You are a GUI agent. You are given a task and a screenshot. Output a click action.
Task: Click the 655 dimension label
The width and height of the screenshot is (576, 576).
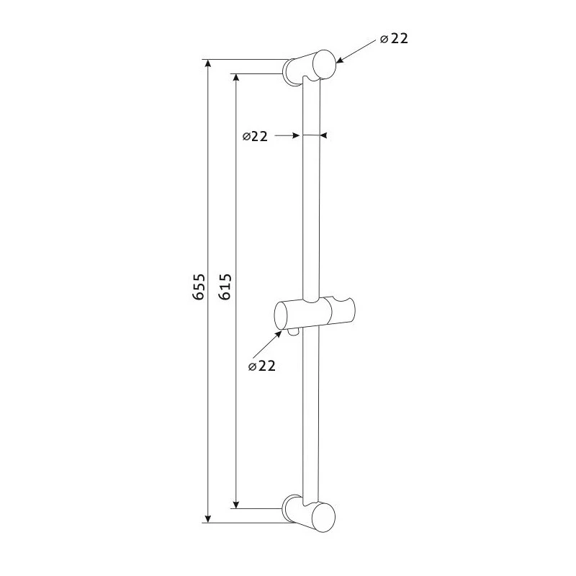point(199,287)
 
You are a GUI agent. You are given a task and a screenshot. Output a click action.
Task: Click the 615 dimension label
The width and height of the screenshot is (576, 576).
point(225,287)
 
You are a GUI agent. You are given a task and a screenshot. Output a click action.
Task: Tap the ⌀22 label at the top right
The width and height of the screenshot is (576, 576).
point(394,39)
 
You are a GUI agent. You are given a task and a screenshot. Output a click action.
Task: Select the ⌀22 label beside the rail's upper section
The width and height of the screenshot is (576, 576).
point(255,136)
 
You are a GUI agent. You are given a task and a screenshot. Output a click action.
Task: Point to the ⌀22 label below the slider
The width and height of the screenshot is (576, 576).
point(262,366)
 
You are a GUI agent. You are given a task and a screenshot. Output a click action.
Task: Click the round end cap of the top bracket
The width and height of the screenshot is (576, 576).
point(324,64)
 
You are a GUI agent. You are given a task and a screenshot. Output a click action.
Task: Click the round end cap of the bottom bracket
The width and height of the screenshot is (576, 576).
point(324,517)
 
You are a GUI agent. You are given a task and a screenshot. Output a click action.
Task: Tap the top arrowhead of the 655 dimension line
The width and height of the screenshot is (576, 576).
point(208,64)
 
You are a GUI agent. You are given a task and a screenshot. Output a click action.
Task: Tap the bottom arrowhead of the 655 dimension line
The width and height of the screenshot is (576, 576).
point(208,518)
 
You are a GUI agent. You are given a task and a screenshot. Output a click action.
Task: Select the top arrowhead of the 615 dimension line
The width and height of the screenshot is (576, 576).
point(236,78)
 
